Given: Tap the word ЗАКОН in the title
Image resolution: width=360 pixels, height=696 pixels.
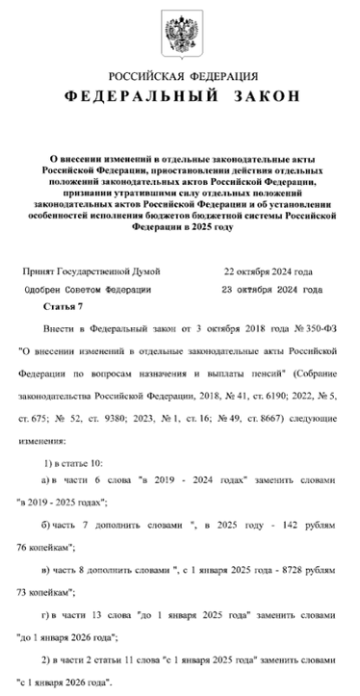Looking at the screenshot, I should [254, 98].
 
